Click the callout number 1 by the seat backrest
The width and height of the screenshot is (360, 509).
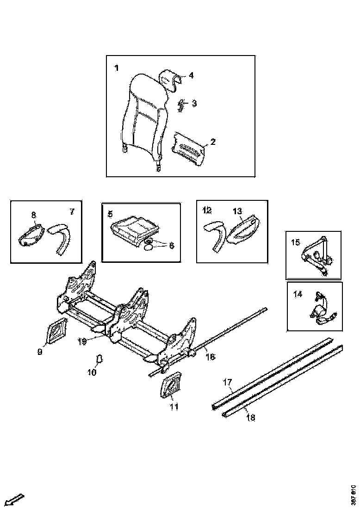[116, 68]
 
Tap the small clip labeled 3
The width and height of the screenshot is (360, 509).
[182, 105]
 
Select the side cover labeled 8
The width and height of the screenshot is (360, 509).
[31, 234]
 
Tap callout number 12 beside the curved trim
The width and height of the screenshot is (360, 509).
[207, 211]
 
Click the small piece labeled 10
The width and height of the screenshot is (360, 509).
[99, 359]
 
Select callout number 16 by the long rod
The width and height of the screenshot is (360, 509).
[210, 357]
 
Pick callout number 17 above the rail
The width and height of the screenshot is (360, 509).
[227, 382]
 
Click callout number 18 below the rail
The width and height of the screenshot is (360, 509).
[250, 417]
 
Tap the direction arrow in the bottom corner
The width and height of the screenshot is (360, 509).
[16, 499]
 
